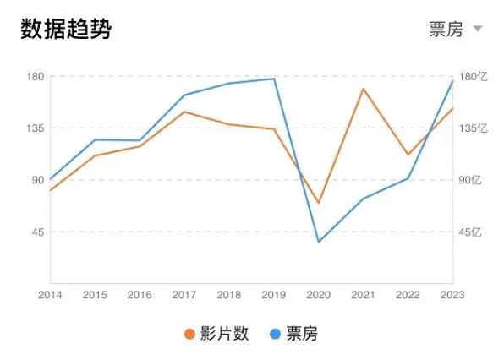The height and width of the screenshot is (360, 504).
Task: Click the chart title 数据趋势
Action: point(65,29)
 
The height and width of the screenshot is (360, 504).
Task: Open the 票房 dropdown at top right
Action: point(446,30)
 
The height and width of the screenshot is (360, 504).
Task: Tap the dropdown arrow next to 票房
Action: point(477,30)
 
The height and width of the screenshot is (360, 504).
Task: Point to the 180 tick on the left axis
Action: point(35,76)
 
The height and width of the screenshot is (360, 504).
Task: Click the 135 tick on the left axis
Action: point(35,128)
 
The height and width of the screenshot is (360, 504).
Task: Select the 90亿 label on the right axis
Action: point(469,180)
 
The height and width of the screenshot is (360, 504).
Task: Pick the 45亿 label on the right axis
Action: point(469,232)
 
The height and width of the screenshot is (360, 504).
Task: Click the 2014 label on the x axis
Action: point(50,295)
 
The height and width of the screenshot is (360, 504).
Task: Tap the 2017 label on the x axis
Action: point(184,295)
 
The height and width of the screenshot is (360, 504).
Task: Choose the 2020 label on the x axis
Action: point(319,295)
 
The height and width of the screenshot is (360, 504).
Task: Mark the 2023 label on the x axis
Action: point(452,295)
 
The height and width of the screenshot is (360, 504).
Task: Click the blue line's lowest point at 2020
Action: point(319,242)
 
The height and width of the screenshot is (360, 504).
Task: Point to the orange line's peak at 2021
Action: point(364,89)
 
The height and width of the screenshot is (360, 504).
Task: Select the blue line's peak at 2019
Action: point(274,79)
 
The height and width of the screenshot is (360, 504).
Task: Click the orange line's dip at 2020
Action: point(319,204)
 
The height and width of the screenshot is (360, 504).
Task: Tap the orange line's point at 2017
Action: point(184,112)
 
